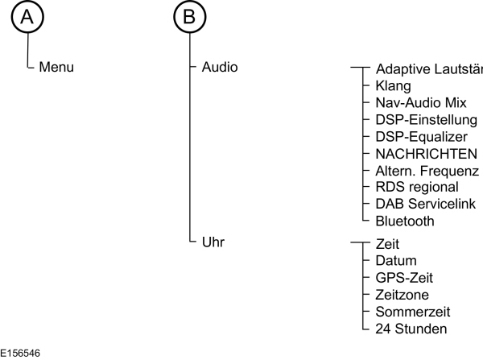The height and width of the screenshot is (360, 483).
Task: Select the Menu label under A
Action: point(56,67)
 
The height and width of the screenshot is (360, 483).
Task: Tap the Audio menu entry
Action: point(220,67)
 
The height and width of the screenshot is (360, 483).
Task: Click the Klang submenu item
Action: point(393,85)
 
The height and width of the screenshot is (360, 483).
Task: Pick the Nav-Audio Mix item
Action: point(420,102)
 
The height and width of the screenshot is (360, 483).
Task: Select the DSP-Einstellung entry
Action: point(426,120)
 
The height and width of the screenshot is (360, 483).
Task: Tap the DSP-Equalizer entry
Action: point(420,137)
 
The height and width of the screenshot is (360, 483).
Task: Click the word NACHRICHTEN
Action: point(427,154)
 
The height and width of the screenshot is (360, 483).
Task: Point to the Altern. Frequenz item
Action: point(427,171)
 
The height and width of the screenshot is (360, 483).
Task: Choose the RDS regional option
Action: point(417,187)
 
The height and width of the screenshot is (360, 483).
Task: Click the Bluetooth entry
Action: point(404,221)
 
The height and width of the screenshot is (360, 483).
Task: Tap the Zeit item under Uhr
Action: point(387,244)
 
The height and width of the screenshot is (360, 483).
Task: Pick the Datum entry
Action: point(396,261)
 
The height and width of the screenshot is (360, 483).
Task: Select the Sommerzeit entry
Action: point(412,312)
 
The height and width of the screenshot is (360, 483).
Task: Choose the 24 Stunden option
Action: point(410,329)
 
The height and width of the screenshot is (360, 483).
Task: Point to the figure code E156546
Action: point(22,353)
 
